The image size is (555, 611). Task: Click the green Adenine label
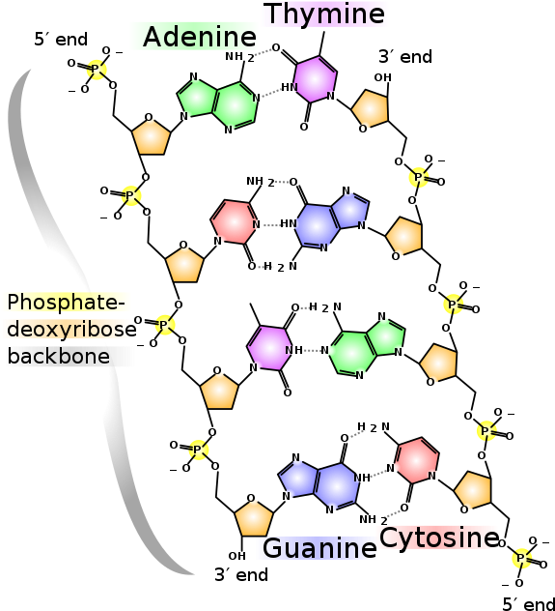point(193,37)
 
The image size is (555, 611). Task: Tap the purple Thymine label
point(324,15)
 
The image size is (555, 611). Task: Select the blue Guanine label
point(318,548)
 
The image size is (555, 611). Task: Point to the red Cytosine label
point(436,538)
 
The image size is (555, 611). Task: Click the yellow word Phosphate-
point(66,302)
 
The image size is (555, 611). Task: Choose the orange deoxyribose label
point(67,330)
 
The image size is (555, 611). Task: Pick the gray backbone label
point(69,356)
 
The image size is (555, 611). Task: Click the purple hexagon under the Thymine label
point(315,79)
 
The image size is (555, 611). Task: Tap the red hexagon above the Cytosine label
point(417,460)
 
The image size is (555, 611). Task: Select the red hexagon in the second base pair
point(234,222)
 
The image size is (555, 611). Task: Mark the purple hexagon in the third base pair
point(269,348)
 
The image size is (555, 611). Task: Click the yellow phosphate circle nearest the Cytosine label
point(522,558)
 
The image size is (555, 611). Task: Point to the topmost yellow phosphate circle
point(96,70)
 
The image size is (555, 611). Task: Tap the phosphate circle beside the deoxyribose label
point(165,325)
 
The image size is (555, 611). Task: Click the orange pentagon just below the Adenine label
point(151,137)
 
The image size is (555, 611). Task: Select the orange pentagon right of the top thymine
point(371,108)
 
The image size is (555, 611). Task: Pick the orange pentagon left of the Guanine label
point(254,518)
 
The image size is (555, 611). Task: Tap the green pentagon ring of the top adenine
point(197,97)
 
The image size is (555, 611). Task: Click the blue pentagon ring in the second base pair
point(349,208)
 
